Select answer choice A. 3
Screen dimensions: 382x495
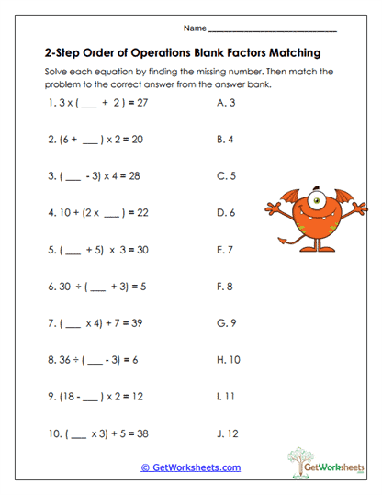point(225,104)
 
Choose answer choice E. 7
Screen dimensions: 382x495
point(225,248)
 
